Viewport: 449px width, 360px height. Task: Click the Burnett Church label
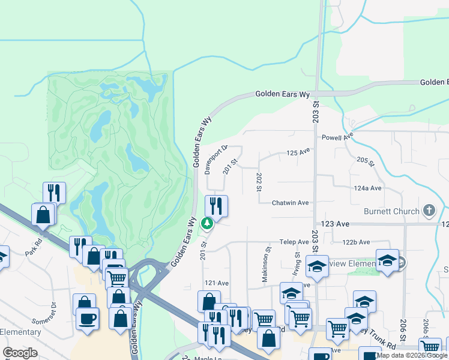click(390, 211)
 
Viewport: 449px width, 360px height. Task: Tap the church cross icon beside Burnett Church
click(429, 211)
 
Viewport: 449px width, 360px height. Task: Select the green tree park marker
click(207, 224)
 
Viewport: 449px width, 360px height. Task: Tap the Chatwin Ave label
click(290, 203)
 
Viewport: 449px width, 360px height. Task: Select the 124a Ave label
click(367, 188)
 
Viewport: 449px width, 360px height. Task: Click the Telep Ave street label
click(294, 242)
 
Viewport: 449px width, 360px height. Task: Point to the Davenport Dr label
click(208, 158)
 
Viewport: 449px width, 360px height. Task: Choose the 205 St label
click(365, 161)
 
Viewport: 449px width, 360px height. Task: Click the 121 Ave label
click(217, 283)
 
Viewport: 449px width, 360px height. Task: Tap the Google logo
click(20, 353)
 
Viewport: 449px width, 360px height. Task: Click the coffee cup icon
click(88, 319)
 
